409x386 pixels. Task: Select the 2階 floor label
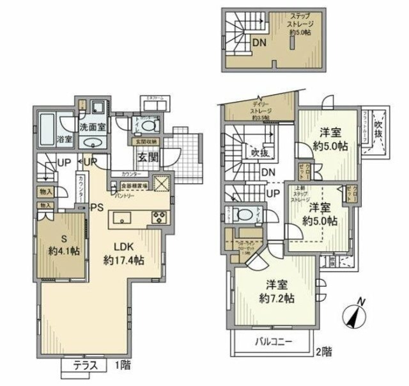[323, 351]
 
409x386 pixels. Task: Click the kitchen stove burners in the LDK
[158, 217]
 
